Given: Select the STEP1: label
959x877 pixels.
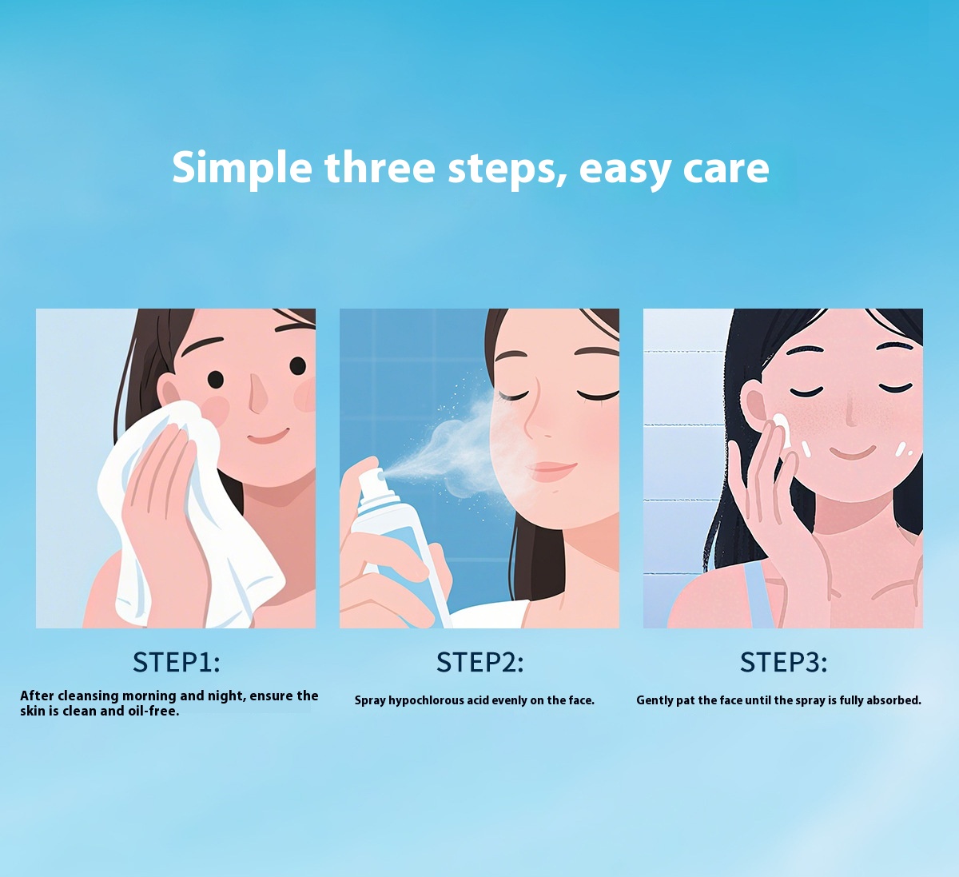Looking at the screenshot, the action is pyautogui.click(x=177, y=663).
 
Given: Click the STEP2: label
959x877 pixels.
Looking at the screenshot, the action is pyautogui.click(x=480, y=663).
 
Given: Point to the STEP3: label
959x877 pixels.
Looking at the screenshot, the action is pyautogui.click(x=783, y=663).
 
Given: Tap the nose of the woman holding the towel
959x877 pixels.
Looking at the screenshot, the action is pyautogui.click(x=258, y=393).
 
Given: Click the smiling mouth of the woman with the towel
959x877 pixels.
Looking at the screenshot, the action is pyautogui.click(x=268, y=437).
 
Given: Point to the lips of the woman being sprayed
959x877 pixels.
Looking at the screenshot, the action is pyautogui.click(x=551, y=471).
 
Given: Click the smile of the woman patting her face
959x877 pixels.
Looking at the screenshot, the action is pyautogui.click(x=853, y=452).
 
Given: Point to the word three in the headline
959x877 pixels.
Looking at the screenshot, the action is pyautogui.click(x=380, y=167).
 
